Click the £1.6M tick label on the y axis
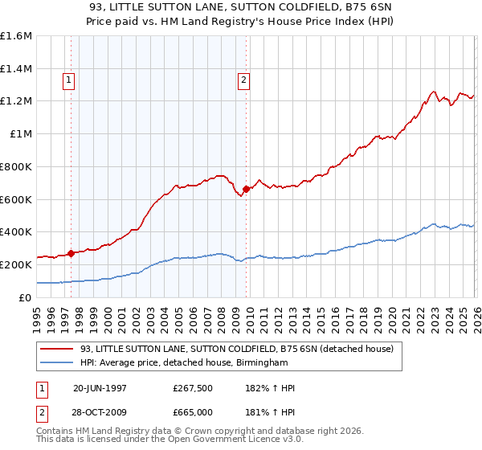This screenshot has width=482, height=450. tap(16, 36)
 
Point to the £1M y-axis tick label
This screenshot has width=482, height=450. tap(20, 134)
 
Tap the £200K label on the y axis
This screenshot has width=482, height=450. tap(16, 264)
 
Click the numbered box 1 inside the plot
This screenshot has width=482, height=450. tap(69, 80)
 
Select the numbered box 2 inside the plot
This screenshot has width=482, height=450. tap(243, 80)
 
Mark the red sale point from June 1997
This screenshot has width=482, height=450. tap(71, 253)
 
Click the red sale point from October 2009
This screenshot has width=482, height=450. tap(246, 189)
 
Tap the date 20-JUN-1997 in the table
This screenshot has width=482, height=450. tap(100, 388)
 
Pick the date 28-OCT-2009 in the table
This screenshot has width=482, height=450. tap(100, 414)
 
